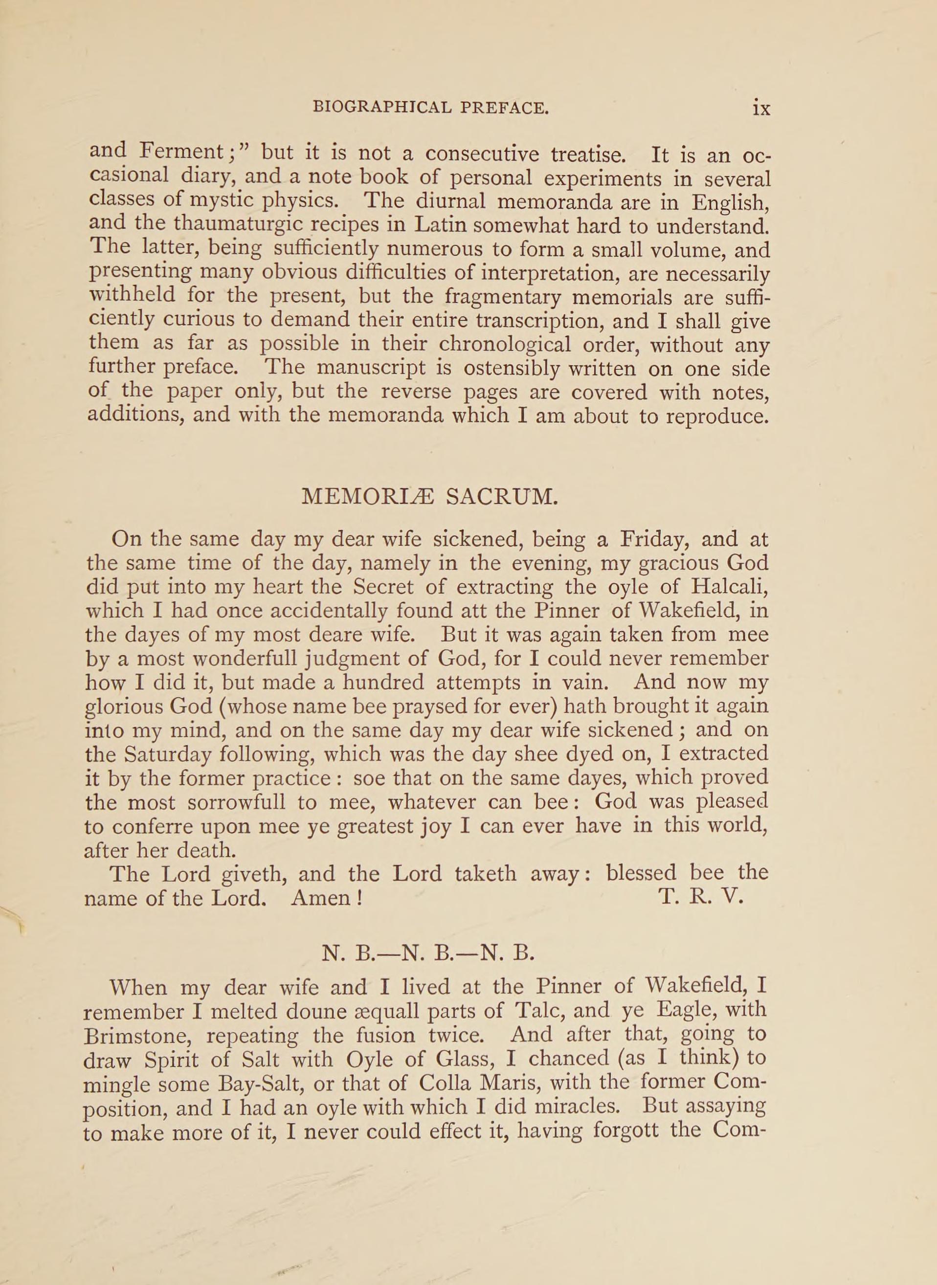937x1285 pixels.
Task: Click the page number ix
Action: coord(760,108)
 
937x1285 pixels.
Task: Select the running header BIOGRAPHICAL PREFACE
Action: coord(430,107)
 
